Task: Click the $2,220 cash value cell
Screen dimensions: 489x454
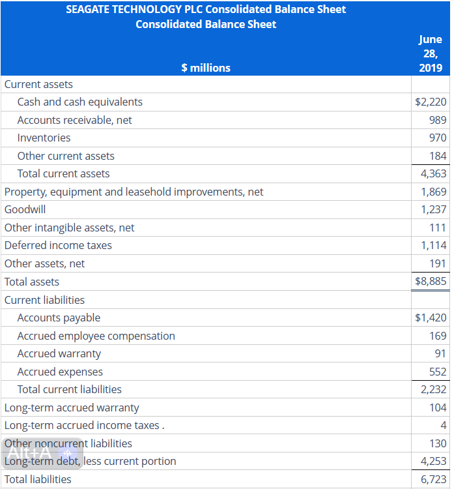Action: pyautogui.click(x=430, y=102)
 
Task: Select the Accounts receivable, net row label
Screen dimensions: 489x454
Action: pyautogui.click(x=74, y=120)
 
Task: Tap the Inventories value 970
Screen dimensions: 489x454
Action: pyautogui.click(x=438, y=138)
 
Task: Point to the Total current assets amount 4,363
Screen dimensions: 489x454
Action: pyautogui.click(x=433, y=173)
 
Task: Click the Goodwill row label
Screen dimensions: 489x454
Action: pyautogui.click(x=25, y=209)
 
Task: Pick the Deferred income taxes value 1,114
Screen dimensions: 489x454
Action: pyautogui.click(x=433, y=245)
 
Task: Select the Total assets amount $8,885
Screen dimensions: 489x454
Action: pyautogui.click(x=430, y=282)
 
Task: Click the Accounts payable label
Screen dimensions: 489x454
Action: pyautogui.click(x=59, y=318)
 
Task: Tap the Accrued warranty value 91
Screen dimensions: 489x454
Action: pyautogui.click(x=440, y=353)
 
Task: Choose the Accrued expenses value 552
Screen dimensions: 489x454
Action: pyautogui.click(x=438, y=372)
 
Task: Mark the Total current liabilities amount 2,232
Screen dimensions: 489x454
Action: pyautogui.click(x=433, y=389)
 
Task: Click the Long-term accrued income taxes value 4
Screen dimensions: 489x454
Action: pyautogui.click(x=443, y=425)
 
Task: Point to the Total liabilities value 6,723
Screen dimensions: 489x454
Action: pyautogui.click(x=433, y=479)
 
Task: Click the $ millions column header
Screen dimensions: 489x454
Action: pyautogui.click(x=205, y=67)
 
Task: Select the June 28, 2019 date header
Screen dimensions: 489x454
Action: pyautogui.click(x=430, y=53)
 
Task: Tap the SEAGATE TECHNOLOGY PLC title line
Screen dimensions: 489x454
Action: pyautogui.click(x=206, y=9)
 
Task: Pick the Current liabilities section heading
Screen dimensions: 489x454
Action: pyautogui.click(x=44, y=300)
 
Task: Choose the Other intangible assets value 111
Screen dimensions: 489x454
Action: pyautogui.click(x=438, y=228)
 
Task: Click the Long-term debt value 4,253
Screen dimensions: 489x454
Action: pyautogui.click(x=433, y=461)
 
